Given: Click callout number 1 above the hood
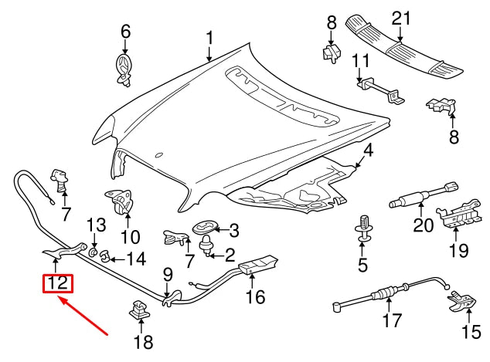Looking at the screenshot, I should (x=209, y=38).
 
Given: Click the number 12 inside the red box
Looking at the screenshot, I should (x=58, y=283).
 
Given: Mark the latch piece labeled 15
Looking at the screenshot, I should (x=462, y=301).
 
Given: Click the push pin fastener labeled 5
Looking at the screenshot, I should (x=362, y=228).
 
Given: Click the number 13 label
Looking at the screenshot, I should (x=94, y=225).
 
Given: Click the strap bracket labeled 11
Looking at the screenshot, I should (x=378, y=91).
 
